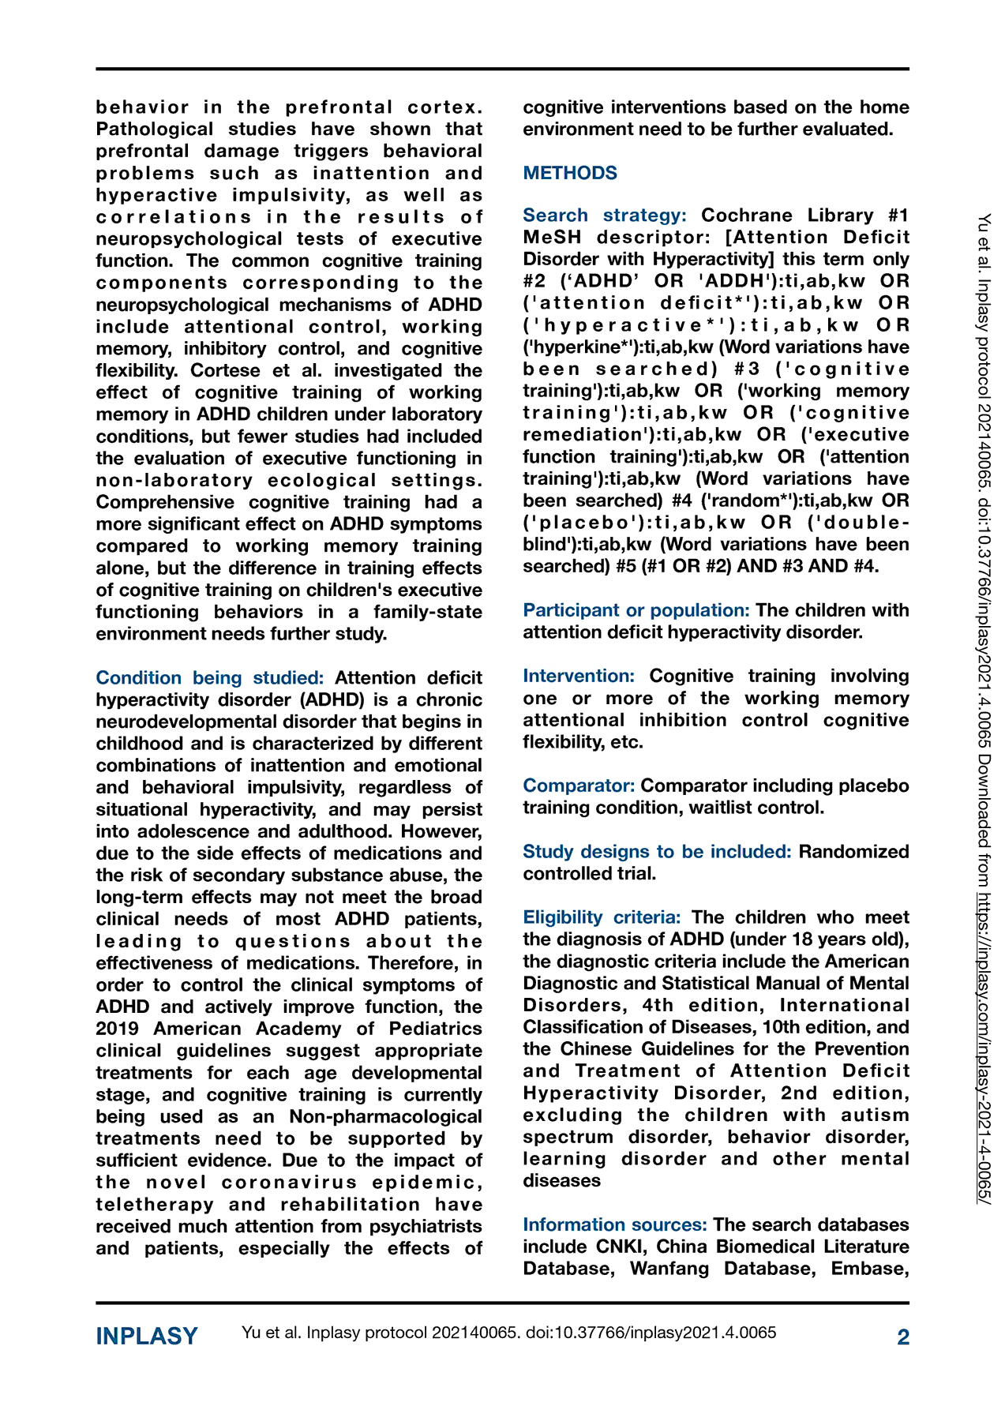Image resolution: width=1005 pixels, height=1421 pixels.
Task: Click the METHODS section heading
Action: tap(570, 173)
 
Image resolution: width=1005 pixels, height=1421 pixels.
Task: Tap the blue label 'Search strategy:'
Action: tap(604, 216)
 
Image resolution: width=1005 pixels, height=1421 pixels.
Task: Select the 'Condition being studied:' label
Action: tap(209, 678)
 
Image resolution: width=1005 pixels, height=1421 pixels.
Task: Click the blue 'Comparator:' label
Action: tap(579, 786)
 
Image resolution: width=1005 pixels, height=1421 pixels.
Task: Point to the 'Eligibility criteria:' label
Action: tap(602, 917)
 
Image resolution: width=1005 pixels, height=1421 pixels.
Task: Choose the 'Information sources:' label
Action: tap(614, 1224)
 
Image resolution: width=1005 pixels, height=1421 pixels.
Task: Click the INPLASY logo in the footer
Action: tap(147, 1336)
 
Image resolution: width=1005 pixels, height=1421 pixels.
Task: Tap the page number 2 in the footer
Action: tap(903, 1337)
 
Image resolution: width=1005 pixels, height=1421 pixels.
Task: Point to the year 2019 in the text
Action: tap(118, 1029)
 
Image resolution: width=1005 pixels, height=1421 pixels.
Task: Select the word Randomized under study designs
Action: tap(853, 852)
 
